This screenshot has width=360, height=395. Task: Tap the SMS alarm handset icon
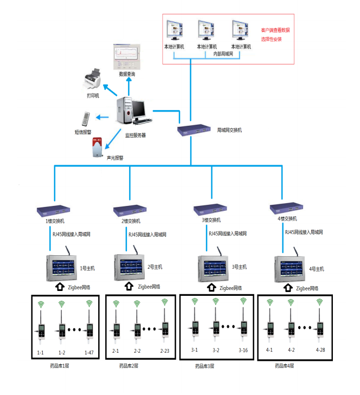[85, 119]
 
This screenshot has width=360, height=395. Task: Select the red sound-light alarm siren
[98, 147]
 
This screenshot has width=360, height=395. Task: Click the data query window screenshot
[126, 57]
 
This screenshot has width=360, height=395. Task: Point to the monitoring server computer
[130, 111]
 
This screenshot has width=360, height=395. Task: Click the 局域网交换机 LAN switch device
[195, 130]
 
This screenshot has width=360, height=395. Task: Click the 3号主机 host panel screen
[213, 266]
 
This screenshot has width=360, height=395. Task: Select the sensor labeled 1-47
[89, 330]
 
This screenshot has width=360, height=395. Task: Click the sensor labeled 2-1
[116, 330]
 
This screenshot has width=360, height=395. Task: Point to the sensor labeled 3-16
[243, 328]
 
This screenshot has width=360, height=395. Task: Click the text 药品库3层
[205, 366]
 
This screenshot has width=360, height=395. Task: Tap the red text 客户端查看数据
[275, 30]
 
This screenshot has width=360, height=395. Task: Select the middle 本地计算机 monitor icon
[207, 30]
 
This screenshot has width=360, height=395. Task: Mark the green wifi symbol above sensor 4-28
[320, 302]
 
